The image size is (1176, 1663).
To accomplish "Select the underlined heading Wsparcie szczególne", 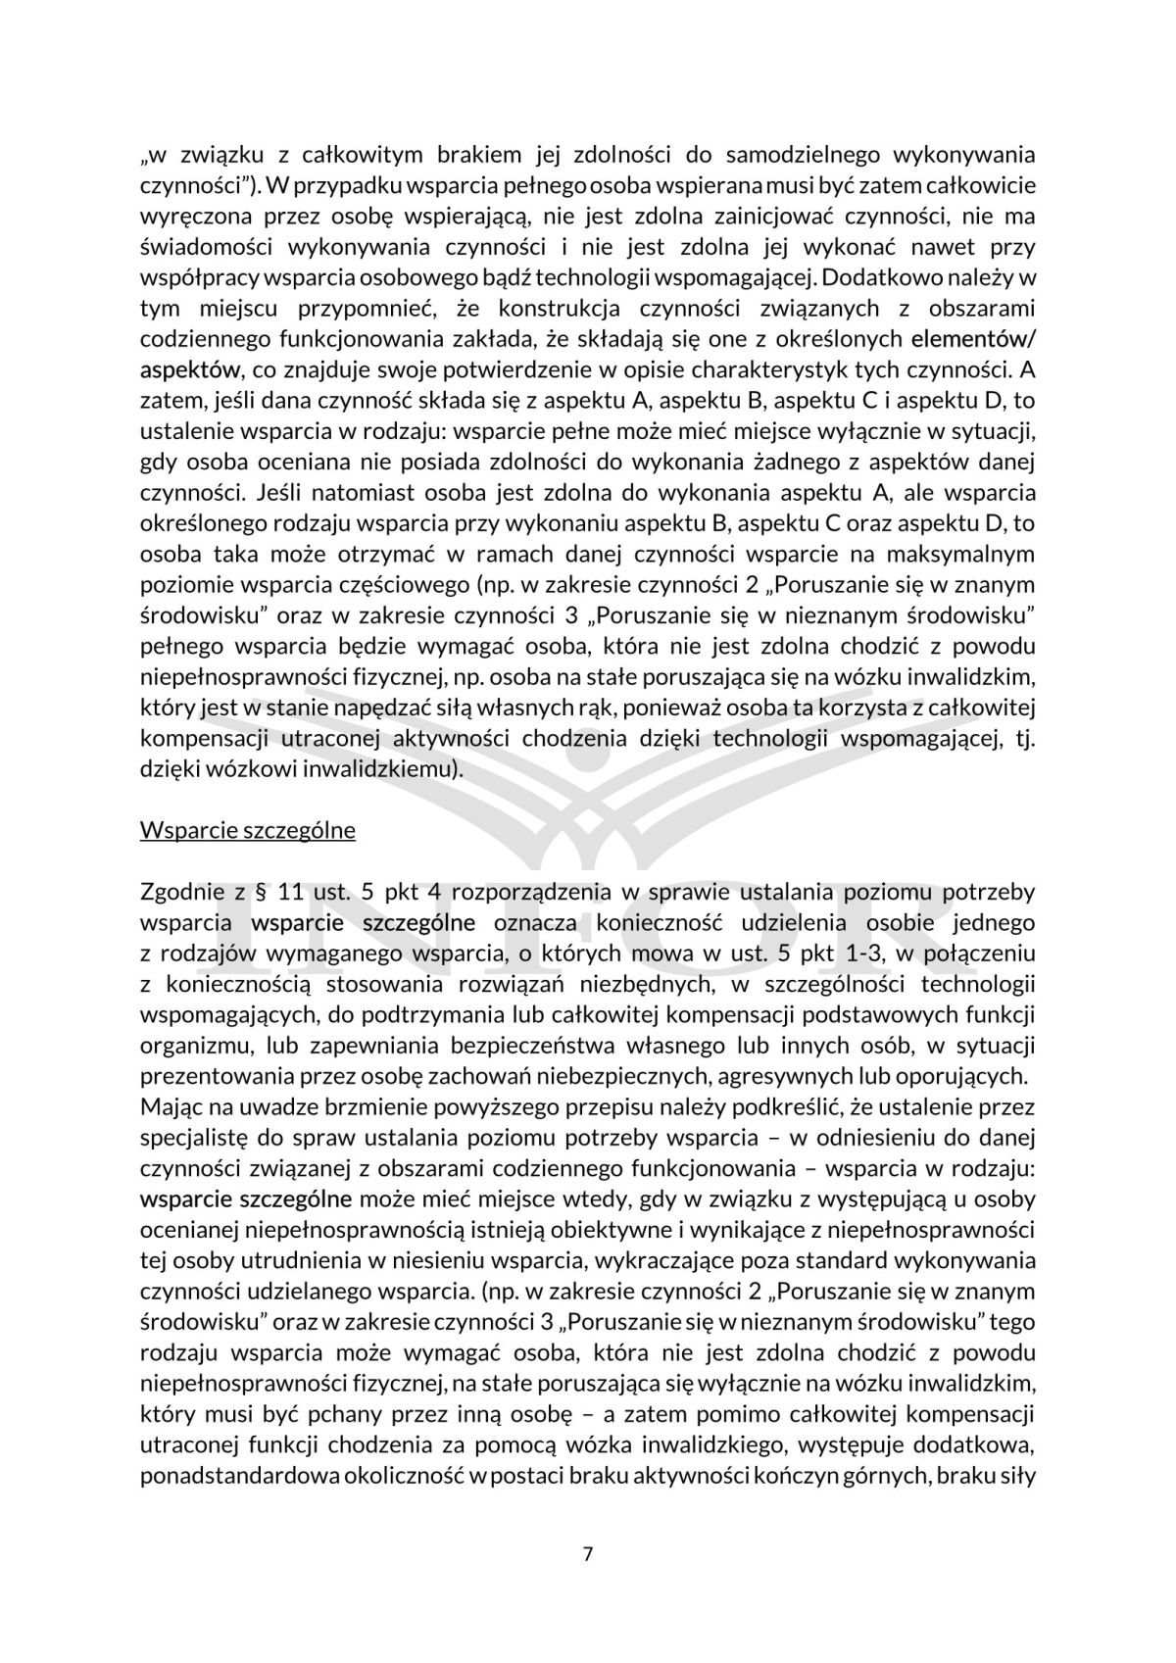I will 247,830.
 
